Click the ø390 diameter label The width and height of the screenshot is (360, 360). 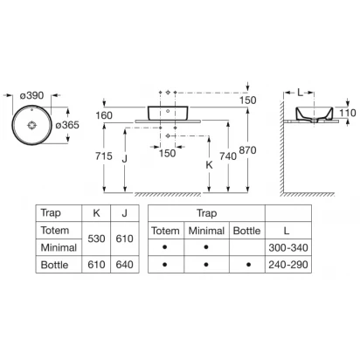tap(32, 95)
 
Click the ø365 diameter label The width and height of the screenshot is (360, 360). tap(67, 125)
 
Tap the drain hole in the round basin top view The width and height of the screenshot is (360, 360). tap(31, 125)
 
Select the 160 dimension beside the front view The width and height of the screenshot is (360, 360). tap(104, 115)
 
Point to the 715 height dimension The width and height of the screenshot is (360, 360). tap(104, 156)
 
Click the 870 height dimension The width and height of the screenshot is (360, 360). tap(247, 150)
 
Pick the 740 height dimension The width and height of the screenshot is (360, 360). tap(228, 156)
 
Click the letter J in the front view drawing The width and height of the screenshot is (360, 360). tap(125, 159)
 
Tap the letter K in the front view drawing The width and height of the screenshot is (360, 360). tap(209, 165)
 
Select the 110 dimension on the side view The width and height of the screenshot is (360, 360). tap(348, 113)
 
